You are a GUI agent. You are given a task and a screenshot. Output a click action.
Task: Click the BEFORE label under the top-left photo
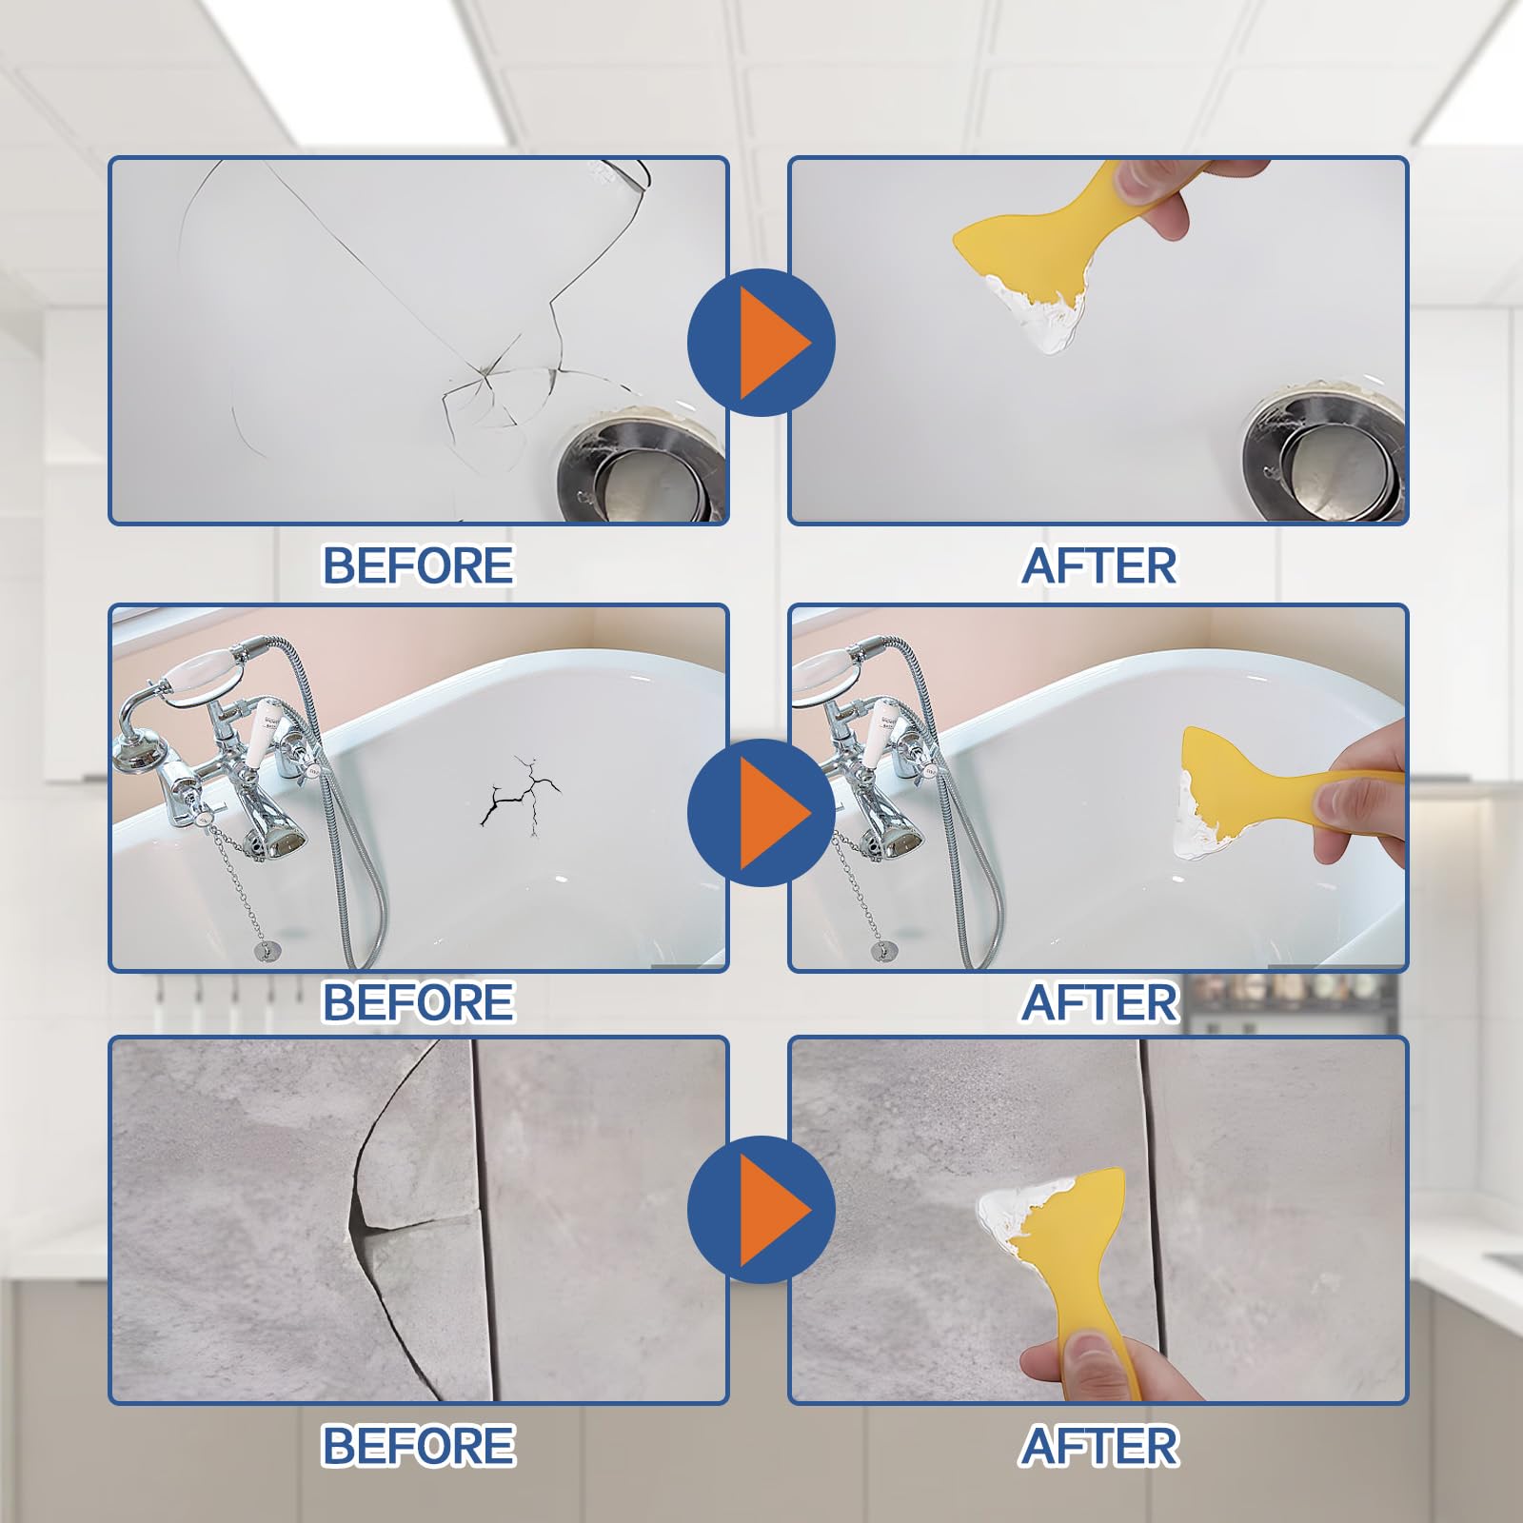(x=418, y=565)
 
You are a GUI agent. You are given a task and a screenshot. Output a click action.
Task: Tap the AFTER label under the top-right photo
(x=1098, y=565)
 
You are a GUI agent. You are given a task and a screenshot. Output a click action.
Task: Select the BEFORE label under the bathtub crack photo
(x=418, y=1002)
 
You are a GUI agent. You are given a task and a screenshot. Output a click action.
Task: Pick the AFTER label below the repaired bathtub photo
(x=1098, y=1002)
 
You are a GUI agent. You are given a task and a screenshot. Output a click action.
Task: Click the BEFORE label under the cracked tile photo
(x=418, y=1446)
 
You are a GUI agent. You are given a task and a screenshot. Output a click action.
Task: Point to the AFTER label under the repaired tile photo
(x=1098, y=1446)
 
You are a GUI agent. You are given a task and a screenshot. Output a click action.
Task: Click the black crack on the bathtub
(x=519, y=795)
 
